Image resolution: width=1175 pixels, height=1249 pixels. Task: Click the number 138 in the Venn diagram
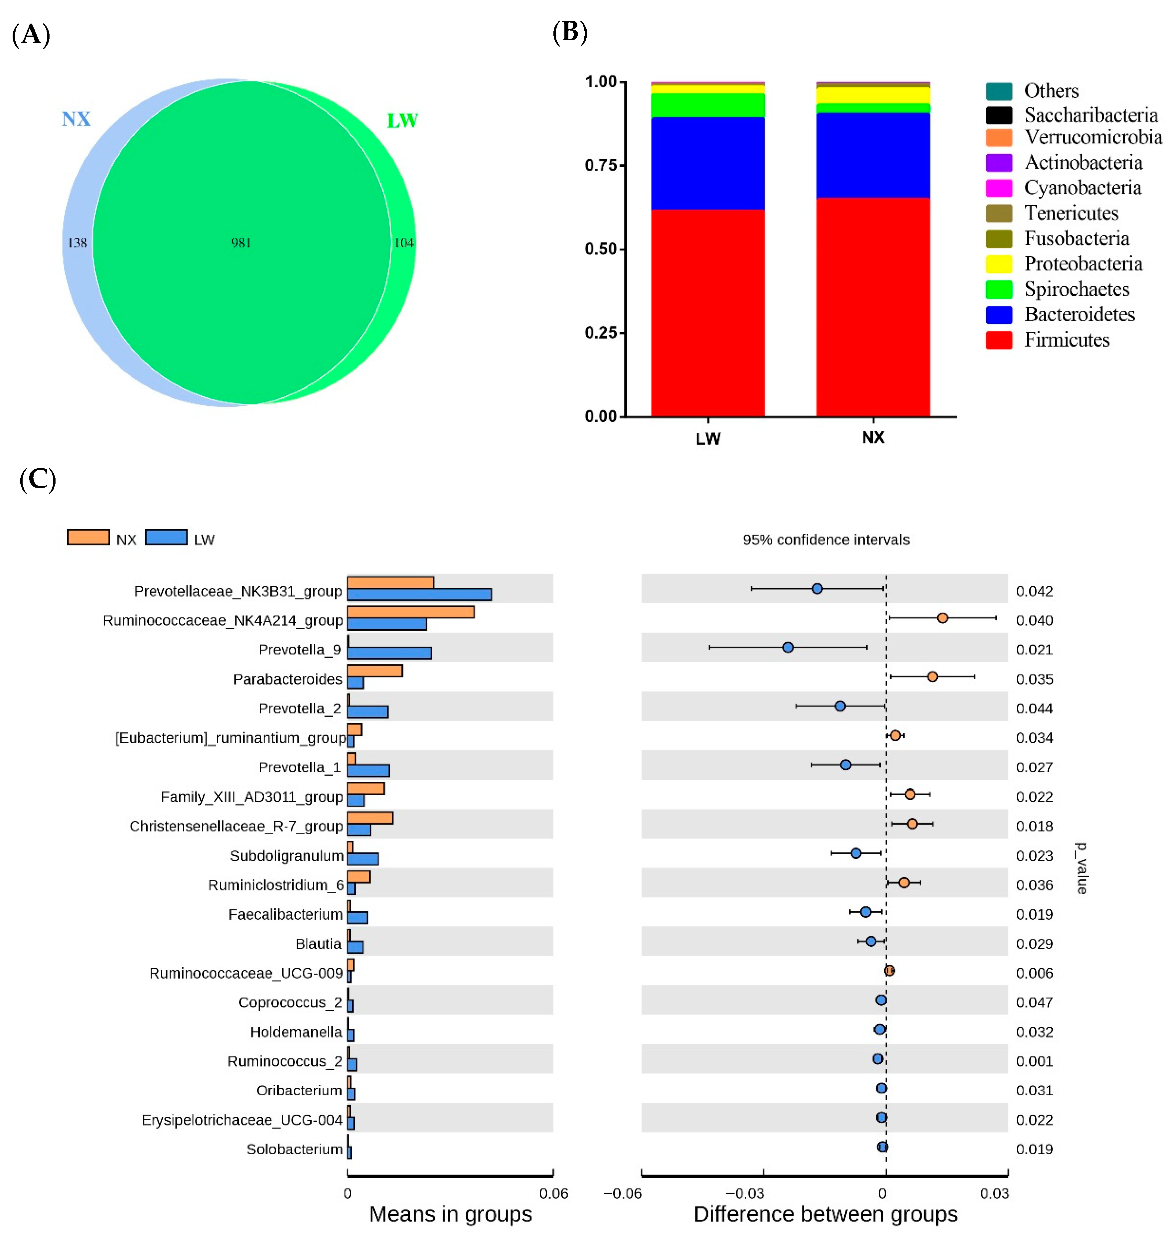point(77,242)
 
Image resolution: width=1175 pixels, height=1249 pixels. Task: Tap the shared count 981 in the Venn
point(241,242)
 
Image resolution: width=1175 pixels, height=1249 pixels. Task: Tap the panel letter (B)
point(569,33)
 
